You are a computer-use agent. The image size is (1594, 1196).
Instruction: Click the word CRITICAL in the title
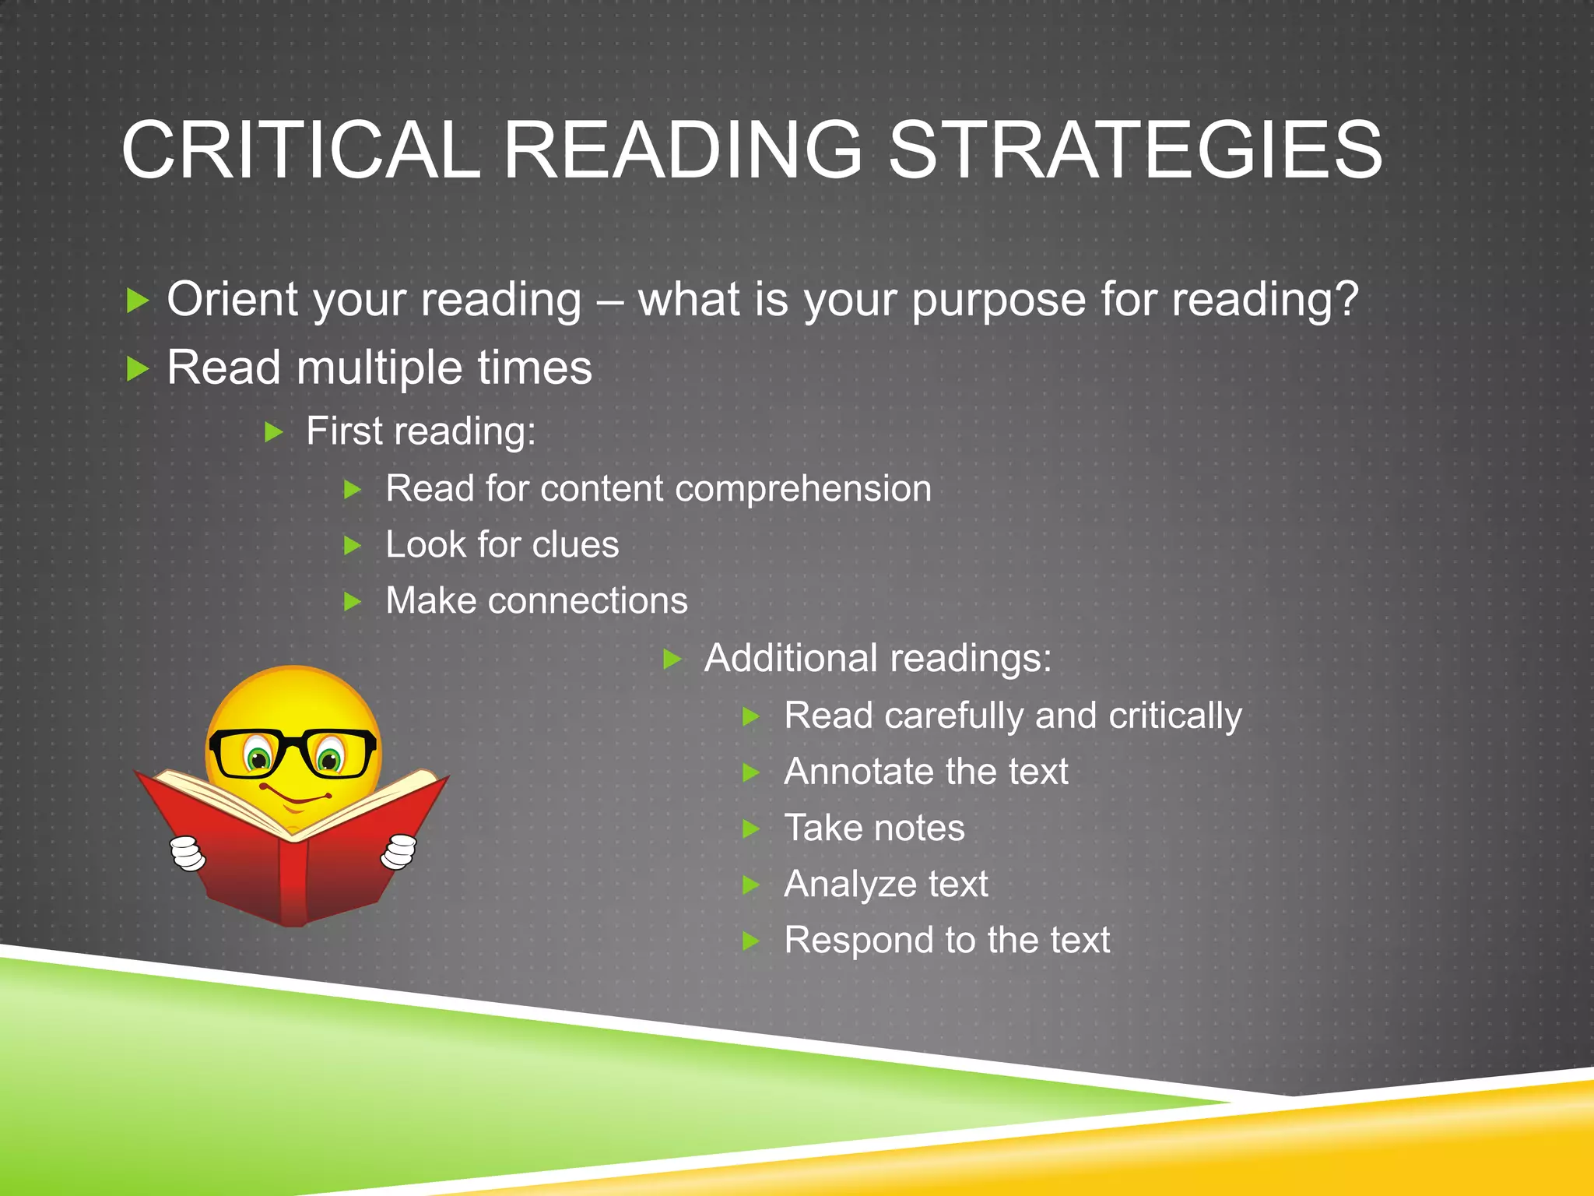click(x=300, y=149)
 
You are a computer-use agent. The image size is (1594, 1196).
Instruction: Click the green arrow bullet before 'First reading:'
click(x=273, y=432)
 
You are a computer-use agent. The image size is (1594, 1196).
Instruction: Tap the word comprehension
click(x=802, y=490)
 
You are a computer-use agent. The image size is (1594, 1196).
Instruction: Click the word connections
click(x=588, y=601)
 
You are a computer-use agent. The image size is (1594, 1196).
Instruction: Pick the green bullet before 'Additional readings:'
click(x=672, y=660)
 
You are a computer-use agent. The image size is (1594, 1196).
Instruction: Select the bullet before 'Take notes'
click(x=750, y=828)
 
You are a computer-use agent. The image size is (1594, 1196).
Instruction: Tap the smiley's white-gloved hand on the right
click(x=398, y=850)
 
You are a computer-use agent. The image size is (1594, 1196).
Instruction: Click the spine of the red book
click(x=294, y=880)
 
